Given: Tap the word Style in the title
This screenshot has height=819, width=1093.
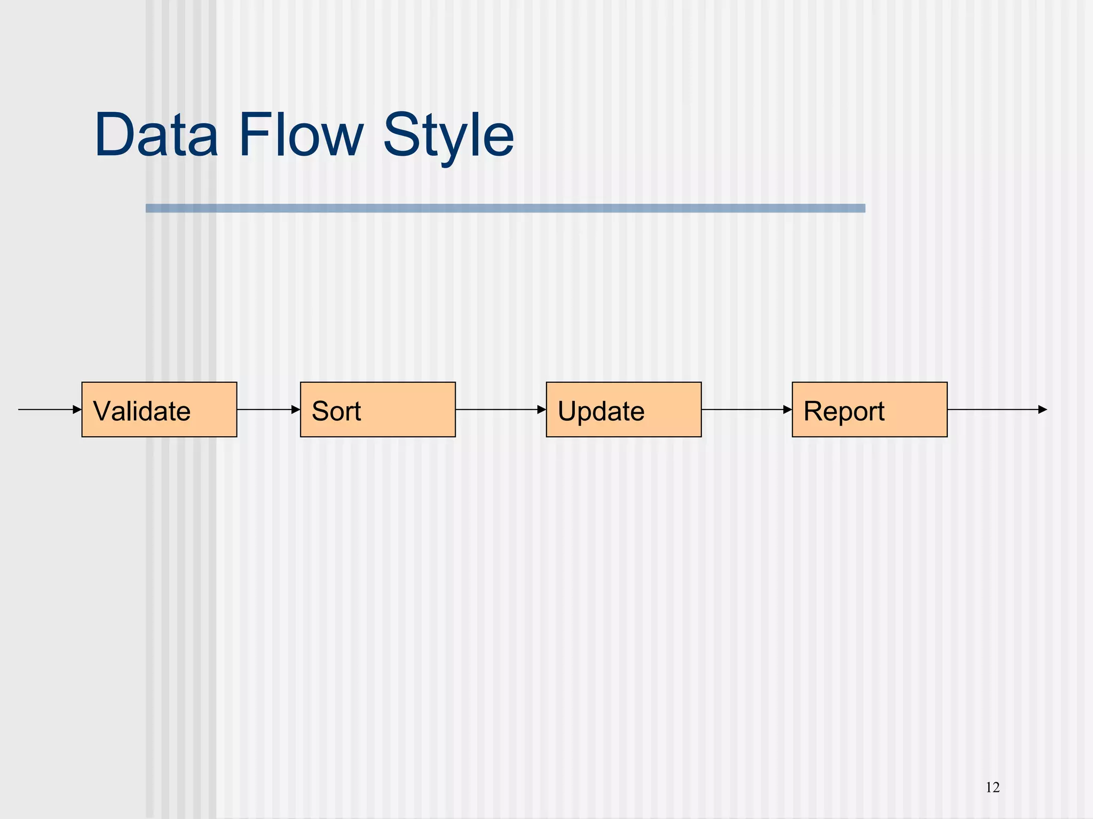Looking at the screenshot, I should coord(448,136).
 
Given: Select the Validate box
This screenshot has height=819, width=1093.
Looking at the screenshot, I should coord(159,409).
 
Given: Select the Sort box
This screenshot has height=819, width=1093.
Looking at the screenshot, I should coord(378,409).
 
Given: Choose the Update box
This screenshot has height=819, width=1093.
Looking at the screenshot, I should coord(623,409).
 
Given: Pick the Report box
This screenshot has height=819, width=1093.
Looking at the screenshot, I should coord(869,409).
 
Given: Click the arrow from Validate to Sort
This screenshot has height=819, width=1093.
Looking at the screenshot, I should coord(267,409).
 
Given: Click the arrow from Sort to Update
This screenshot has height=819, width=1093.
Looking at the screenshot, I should coord(499,409).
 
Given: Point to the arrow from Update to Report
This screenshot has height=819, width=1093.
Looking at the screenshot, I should coord(744,409).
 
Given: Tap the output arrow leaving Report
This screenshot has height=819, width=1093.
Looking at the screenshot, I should coord(993,409).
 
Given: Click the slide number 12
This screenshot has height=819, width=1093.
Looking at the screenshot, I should coord(993,788).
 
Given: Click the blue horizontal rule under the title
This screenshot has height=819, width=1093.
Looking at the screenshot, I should coord(505,208).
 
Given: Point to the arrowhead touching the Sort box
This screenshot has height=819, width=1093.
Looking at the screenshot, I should coord(296,409).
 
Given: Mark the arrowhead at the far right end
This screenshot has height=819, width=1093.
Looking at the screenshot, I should coord(1043,409).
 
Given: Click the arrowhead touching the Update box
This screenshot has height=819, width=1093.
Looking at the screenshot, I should coord(542,409).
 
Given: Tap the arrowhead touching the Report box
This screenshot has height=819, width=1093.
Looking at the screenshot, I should coord(788,409).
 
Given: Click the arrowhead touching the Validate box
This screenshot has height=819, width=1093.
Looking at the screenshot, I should coord(77,409).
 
